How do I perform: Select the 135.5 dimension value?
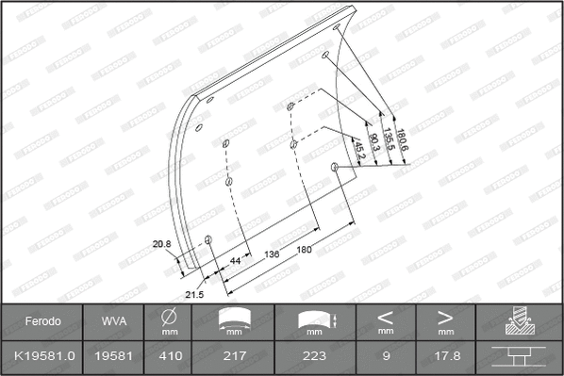point(388,139)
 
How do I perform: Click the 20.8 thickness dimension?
point(161,244)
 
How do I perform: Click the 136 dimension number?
point(272,253)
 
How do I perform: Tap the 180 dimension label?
point(305,249)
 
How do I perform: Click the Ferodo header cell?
point(41,321)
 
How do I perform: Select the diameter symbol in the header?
point(170,316)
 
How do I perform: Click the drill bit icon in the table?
point(519,321)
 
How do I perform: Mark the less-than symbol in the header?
point(385,316)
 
